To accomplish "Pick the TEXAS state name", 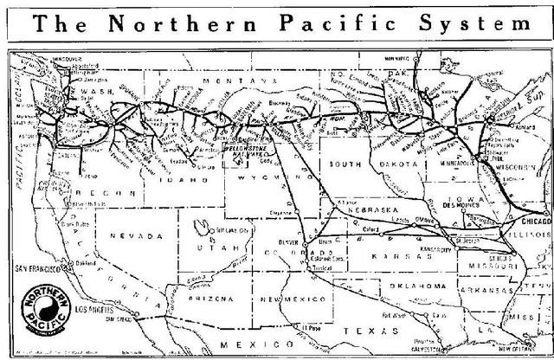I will pos(363,331).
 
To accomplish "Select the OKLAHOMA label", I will pos(418,285).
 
